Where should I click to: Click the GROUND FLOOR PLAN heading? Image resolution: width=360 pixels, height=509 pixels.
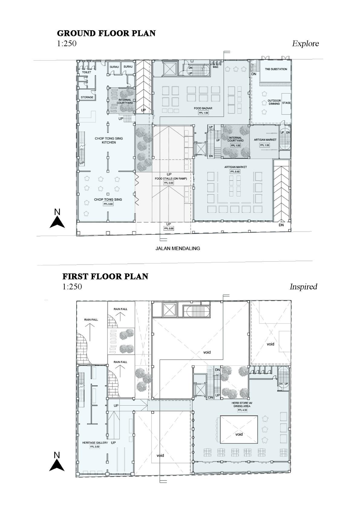pos(106,33)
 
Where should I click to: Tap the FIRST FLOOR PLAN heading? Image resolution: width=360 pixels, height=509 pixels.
pos(105,276)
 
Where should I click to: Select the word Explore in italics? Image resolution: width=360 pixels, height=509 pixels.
pos(305,44)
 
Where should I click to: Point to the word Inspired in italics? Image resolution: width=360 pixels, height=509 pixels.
pos(303,287)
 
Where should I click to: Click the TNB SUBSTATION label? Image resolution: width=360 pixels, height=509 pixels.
pos(276,69)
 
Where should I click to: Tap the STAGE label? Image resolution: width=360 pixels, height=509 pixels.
pos(286,103)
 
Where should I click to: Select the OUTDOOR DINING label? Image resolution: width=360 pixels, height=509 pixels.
pos(274,102)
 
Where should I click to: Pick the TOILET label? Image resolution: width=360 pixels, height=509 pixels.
pos(87,72)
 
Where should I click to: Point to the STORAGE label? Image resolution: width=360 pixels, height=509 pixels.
pos(87,97)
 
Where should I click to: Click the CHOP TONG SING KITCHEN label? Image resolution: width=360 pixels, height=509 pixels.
pos(109,140)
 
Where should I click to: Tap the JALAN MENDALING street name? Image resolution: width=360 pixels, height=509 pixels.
pos(178,249)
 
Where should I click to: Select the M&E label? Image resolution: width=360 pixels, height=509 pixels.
pos(215,67)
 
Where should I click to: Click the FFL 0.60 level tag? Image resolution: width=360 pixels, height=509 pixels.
pos(235,171)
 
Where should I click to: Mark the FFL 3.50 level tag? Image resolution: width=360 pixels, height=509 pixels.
pos(95,447)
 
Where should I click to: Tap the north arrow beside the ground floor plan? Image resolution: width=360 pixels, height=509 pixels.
pos(57,219)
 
